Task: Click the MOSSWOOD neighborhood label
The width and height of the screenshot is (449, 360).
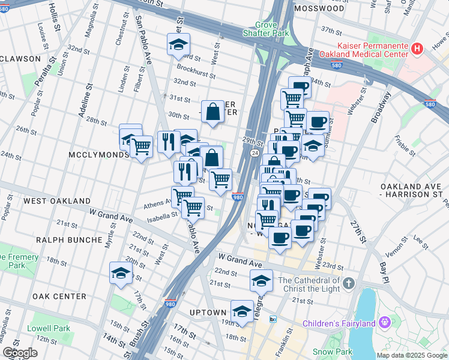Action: (x=319, y=8)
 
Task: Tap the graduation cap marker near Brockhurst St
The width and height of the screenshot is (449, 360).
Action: (x=178, y=44)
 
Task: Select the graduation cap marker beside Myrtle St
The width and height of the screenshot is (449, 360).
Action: (x=121, y=272)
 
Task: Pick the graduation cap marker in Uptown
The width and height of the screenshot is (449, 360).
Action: (x=242, y=310)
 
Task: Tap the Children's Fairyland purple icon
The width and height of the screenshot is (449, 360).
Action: (x=384, y=323)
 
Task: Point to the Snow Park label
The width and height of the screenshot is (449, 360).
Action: (x=332, y=352)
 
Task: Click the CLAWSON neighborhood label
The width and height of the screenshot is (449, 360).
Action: (x=20, y=59)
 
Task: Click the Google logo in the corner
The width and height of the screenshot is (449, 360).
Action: (x=20, y=353)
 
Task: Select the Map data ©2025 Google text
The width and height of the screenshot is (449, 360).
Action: (x=412, y=355)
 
